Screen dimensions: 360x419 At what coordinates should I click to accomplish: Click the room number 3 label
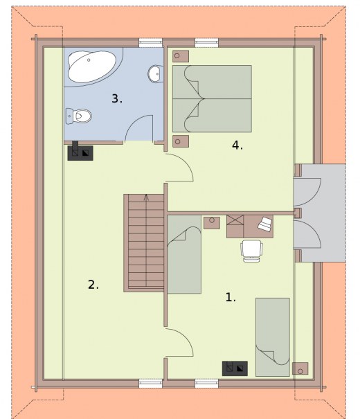117,98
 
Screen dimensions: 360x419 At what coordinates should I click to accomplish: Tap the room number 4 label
237,145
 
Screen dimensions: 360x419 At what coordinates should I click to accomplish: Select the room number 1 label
231,297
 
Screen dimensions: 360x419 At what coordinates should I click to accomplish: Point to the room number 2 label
93,285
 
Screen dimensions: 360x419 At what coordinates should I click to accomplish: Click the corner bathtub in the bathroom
92,66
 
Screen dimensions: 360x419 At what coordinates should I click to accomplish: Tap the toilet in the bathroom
79,116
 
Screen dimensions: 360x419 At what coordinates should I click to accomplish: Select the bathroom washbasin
155,73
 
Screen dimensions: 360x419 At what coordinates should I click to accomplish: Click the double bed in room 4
212,98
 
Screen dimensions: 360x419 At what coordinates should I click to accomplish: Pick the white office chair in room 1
251,251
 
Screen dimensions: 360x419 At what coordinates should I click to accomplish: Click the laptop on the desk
265,224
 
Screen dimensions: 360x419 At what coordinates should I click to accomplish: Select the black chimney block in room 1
235,368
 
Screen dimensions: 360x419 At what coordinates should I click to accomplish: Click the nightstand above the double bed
181,56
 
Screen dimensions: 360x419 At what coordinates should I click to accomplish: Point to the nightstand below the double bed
181,141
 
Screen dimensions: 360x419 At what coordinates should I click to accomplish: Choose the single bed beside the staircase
184,254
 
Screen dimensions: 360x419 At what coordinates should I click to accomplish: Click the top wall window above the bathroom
151,43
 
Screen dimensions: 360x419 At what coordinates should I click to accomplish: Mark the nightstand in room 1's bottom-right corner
300,368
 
